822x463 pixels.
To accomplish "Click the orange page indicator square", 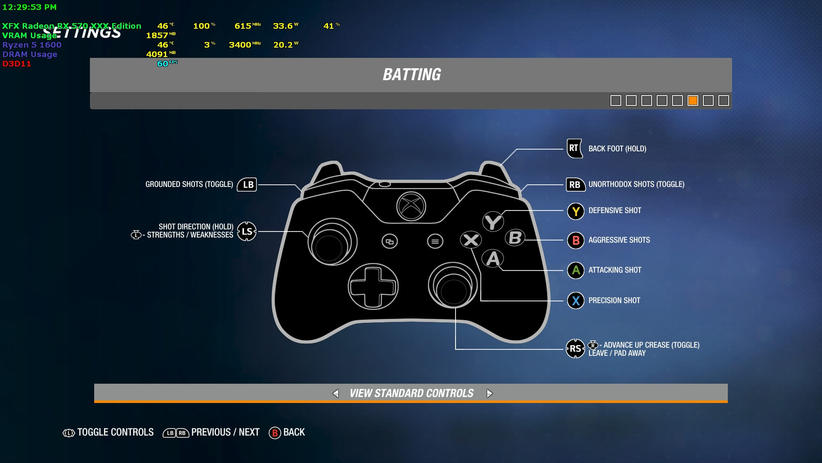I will point(693,101).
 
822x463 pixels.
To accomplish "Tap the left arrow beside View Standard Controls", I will point(336,394).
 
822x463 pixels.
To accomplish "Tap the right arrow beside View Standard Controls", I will point(490,394).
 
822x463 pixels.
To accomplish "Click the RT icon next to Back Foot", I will point(575,148).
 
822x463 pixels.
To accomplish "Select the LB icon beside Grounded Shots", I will point(247,185).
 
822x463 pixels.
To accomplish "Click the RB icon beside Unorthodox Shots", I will point(575,185).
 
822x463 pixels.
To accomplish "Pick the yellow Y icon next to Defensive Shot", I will point(576,211).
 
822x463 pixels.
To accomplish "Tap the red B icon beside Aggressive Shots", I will point(576,241).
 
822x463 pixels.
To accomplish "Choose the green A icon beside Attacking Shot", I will point(576,271).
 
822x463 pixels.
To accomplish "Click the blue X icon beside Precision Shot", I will point(576,301).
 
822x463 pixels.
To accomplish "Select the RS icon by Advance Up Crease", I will point(575,349).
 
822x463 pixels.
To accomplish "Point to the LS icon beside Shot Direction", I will point(247,231).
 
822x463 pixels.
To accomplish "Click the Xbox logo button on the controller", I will point(411,206).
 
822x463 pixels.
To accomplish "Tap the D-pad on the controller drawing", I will point(373,286).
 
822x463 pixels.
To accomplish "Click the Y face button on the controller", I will point(493,222).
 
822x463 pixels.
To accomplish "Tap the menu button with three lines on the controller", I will point(435,241).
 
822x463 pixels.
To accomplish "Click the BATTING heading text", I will point(411,75).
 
